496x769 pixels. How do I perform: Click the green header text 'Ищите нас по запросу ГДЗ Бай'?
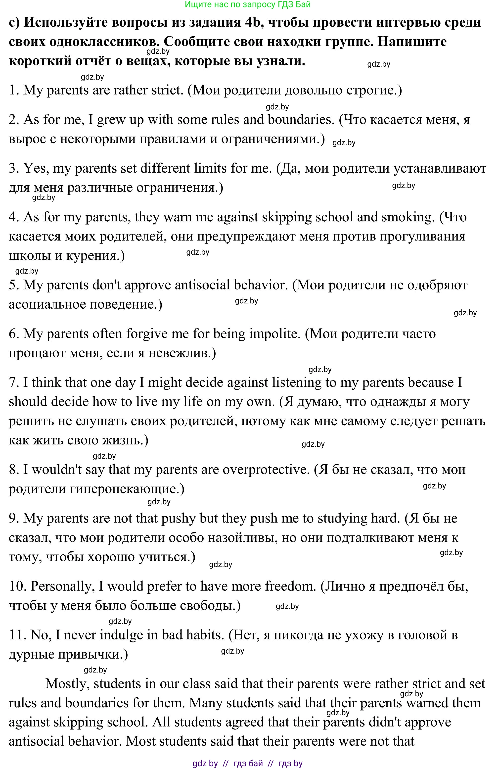click(248, 4)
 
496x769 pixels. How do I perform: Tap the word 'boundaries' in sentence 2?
click(300, 120)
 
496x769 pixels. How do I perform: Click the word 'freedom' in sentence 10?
click(290, 587)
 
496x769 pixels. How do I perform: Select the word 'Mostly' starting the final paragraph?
click(68, 684)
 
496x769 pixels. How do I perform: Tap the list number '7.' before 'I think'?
click(14, 383)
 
